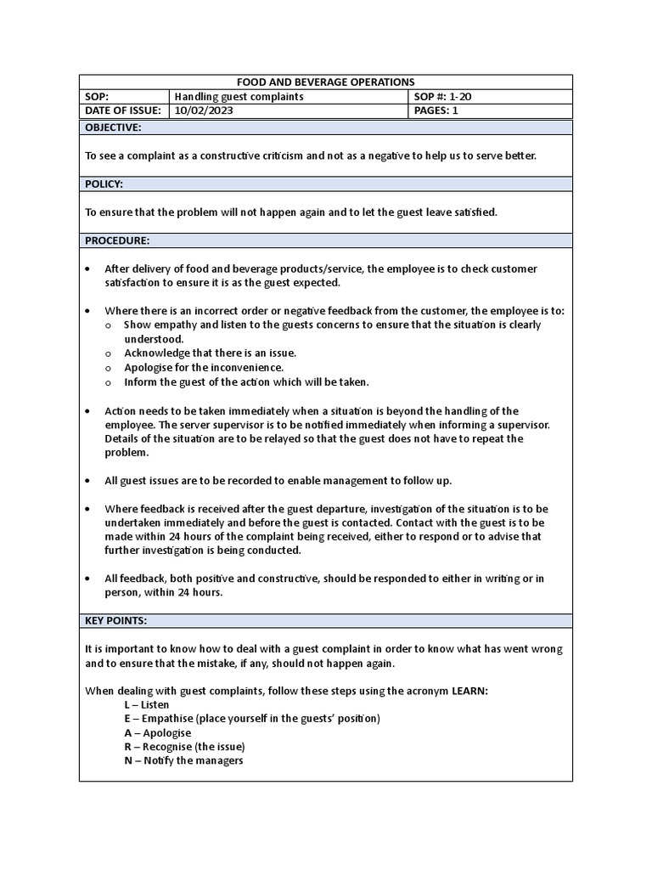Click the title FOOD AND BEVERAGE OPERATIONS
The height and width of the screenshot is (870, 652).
325,82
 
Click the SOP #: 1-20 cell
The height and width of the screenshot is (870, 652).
442,97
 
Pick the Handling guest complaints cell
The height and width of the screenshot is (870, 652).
239,97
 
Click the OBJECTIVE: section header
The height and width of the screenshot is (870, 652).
113,127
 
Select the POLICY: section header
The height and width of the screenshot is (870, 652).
104,184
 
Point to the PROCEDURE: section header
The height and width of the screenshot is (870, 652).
117,240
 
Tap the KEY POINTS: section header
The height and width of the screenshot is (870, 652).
115,620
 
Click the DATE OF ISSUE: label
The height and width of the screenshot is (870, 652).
125,110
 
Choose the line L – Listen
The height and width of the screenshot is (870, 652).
146,704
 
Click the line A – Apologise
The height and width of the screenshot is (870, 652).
157,732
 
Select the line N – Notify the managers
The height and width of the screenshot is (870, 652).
183,760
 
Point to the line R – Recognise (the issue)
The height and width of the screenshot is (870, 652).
184,747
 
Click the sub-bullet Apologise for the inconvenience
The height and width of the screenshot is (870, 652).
204,367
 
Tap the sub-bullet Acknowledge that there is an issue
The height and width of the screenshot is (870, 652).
210,353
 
